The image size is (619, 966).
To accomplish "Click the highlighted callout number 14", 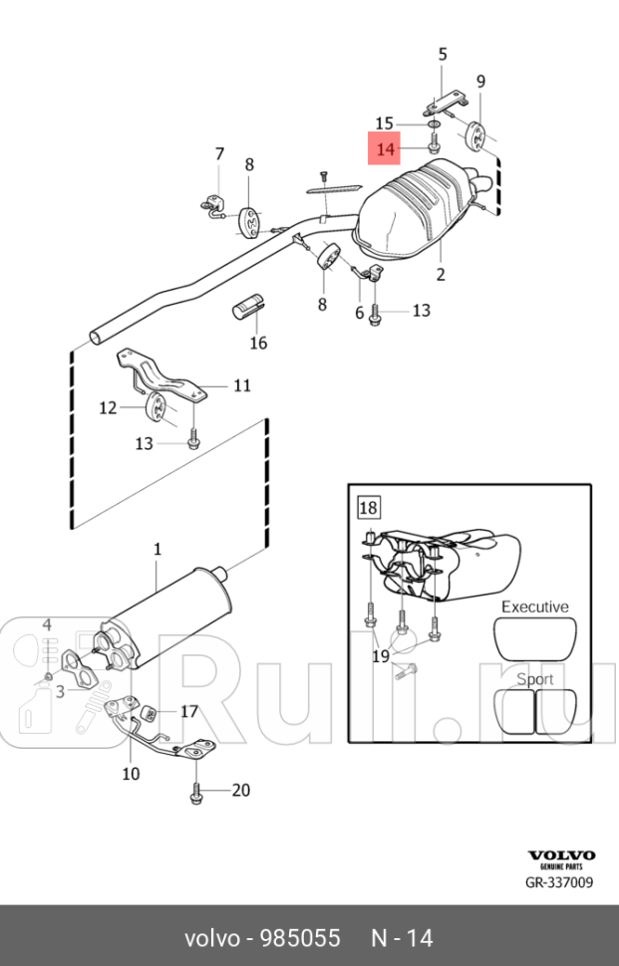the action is point(385,149).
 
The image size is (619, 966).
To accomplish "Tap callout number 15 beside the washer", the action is point(384,123).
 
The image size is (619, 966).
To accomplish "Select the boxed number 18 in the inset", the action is point(368,508).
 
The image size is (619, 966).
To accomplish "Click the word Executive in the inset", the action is point(534,606).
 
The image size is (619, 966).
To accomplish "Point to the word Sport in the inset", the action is point(534,679).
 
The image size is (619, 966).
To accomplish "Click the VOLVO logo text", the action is point(561,855).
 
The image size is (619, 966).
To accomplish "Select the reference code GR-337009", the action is point(559,882).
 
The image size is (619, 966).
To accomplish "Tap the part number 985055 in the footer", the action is point(300,938).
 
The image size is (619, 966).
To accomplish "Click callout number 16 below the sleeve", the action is point(258,343).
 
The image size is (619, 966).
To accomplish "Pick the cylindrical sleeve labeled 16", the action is point(249,308).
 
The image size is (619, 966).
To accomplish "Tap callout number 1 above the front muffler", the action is point(157,549).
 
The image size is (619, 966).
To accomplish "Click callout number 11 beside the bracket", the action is point(242,385).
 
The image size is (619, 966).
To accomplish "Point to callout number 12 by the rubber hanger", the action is point(108,408).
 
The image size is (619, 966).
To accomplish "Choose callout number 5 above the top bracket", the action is point(442,54).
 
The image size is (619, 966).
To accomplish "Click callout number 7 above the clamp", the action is point(220,154).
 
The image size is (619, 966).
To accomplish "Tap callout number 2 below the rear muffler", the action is point(441,274).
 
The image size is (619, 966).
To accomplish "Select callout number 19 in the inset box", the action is point(381,656).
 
